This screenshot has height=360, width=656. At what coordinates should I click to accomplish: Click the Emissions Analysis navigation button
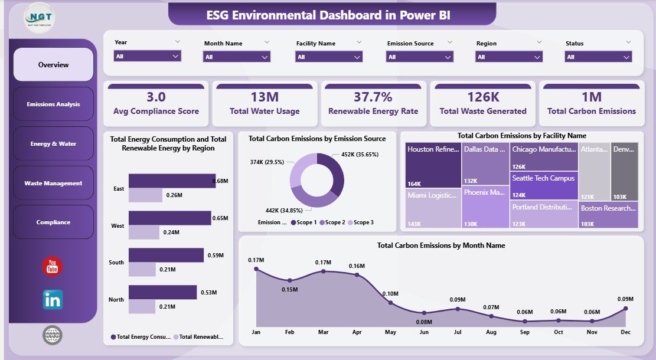pos(53,104)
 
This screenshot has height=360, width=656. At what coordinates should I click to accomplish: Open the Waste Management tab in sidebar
pos(53,183)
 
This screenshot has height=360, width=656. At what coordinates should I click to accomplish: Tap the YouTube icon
pos(53,267)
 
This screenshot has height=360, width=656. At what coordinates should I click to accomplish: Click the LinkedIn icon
pos(53,299)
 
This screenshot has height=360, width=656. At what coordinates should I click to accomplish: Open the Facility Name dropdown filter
pos(329,57)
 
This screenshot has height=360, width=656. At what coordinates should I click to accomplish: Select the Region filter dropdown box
pos(509,57)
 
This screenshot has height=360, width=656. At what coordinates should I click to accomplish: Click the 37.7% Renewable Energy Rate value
pos(373,97)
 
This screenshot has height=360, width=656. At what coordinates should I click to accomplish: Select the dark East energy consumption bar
pos(172,181)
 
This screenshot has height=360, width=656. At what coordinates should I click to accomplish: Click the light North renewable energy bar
pos(142,307)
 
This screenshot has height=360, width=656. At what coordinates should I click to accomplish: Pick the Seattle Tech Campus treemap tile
pos(544,185)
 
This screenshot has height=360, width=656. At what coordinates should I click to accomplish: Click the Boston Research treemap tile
pos(608,214)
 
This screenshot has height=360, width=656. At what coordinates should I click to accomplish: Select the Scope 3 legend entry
pos(360,222)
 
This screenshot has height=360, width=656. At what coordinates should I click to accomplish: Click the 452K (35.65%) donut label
pos(360,154)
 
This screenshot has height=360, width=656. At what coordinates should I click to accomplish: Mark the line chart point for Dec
pos(625,308)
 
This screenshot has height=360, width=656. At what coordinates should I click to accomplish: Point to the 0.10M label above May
pos(390,293)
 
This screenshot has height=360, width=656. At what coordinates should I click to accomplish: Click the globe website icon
pos(53,335)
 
